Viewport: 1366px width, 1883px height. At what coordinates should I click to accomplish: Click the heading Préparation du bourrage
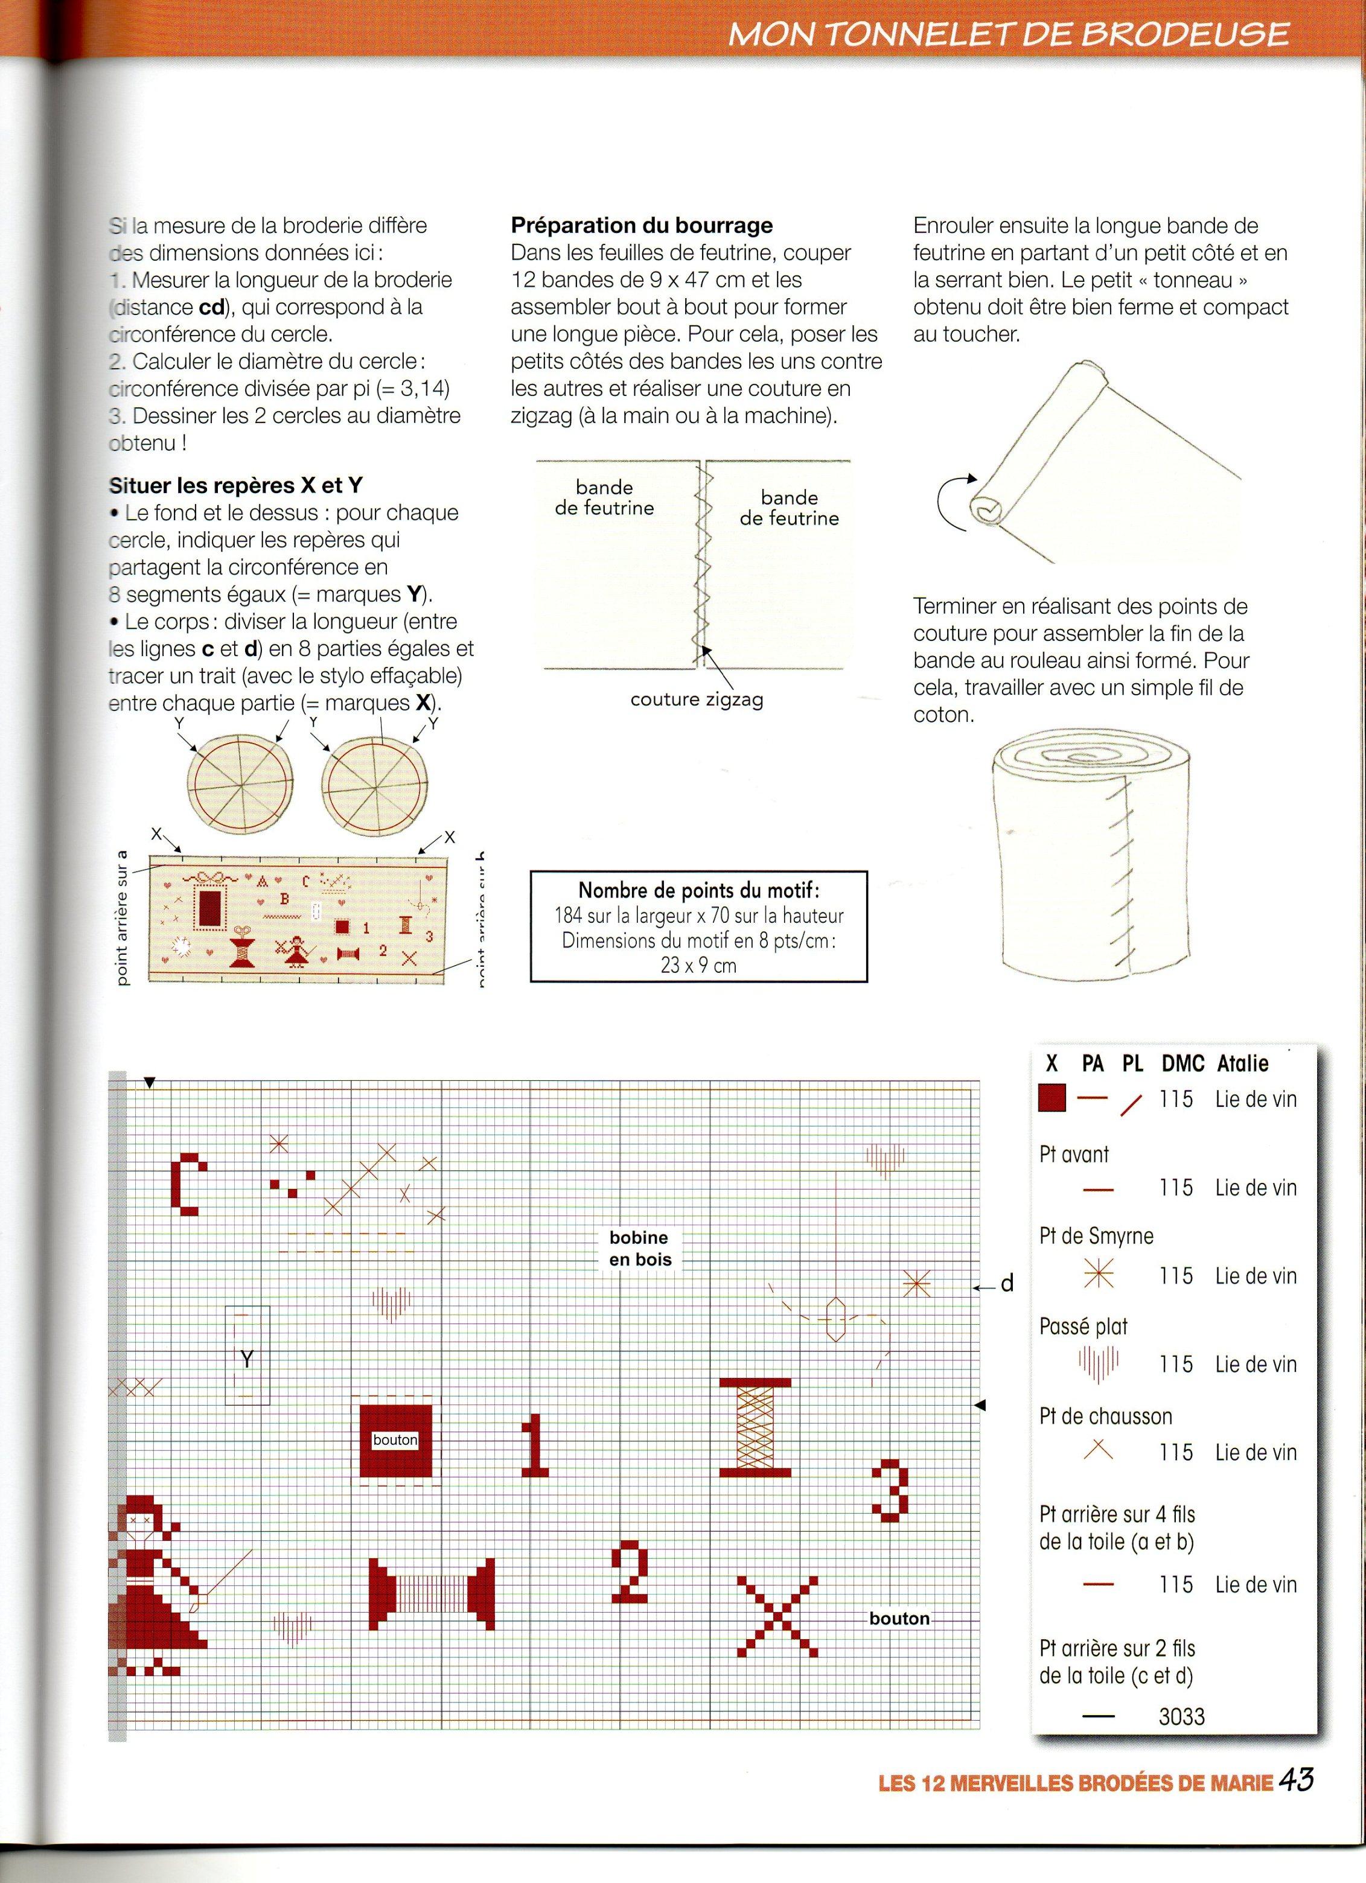point(641,225)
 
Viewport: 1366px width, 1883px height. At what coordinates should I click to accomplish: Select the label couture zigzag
point(696,699)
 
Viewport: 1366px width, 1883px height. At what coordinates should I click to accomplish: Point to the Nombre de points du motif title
point(698,891)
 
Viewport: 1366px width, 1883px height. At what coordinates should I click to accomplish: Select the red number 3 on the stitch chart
point(889,1491)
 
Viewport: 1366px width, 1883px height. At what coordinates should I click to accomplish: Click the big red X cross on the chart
point(777,1618)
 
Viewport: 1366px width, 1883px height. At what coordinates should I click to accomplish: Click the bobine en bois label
point(639,1249)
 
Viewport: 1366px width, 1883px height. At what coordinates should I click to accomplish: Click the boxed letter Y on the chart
point(247,1359)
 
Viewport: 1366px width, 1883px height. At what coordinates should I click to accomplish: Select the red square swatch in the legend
point(1052,1098)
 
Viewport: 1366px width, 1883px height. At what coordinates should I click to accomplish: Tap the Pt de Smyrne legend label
point(1096,1236)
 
